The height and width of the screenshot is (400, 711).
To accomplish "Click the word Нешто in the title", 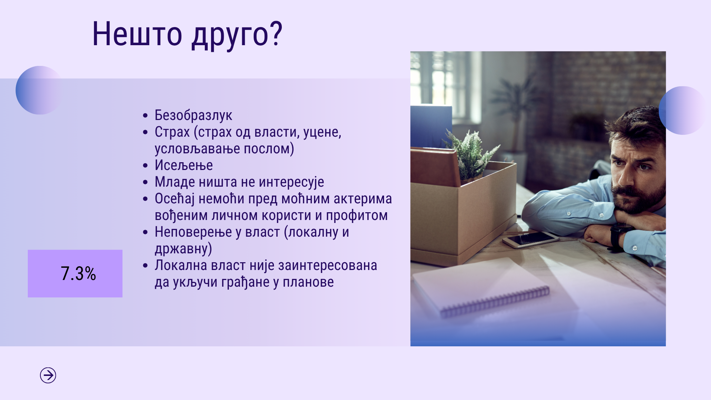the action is (137, 34).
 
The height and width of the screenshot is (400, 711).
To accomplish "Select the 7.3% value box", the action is (75, 273).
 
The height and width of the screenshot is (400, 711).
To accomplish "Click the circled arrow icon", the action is (48, 375).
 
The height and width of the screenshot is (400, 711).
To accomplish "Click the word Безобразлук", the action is (193, 115).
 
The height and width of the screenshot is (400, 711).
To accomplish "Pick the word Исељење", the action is (184, 165).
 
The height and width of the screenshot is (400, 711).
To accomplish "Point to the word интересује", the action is (291, 182).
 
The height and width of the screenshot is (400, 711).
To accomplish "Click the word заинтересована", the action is (327, 266).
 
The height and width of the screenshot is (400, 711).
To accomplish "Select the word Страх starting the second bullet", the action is (172, 132).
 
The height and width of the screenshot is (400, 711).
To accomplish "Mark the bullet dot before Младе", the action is (145, 182).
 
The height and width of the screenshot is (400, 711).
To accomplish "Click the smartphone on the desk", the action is (530, 240).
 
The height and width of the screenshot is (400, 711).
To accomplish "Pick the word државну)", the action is (183, 249).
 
